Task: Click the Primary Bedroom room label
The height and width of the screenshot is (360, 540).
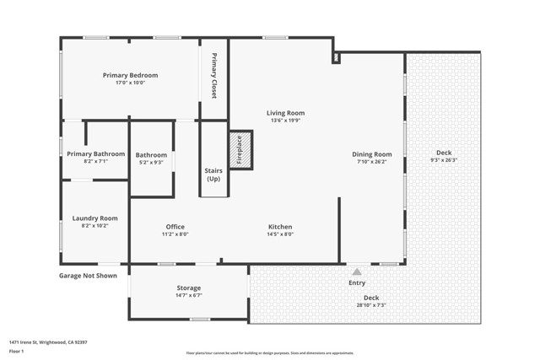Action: pos(130,75)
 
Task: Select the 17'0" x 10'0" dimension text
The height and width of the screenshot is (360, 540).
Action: pos(130,83)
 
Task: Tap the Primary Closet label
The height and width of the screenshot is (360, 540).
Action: pos(214,75)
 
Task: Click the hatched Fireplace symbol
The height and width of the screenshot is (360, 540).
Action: pos(240,151)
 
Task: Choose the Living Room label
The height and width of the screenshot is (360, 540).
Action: pos(285,113)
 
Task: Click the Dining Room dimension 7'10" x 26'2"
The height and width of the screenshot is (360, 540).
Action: pos(372,162)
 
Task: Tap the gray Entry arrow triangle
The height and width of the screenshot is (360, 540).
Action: pos(357,271)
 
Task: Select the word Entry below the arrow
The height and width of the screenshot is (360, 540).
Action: pos(357,283)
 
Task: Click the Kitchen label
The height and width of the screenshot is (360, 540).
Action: pos(280,227)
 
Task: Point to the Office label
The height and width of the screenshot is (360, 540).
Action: pos(175,227)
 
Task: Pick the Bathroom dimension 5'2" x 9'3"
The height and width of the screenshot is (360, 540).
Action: pos(152,162)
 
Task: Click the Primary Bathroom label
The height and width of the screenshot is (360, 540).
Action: pos(96,154)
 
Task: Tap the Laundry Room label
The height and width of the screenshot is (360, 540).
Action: pos(94,218)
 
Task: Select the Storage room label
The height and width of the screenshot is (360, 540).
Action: pos(188,288)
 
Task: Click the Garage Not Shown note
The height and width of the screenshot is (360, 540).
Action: pos(89,276)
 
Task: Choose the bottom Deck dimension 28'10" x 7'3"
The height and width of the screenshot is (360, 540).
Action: pos(370,305)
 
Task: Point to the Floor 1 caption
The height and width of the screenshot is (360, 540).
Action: pos(16,351)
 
